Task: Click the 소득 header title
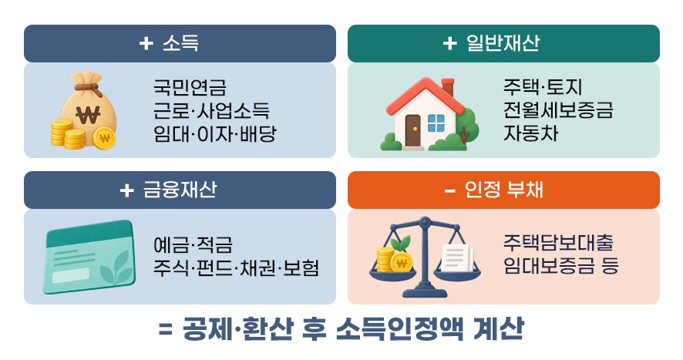click(169, 43)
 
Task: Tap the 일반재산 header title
click(491, 43)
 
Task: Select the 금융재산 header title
click(168, 190)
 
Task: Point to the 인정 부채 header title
click(493, 190)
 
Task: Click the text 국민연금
click(190, 87)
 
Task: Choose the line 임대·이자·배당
click(215, 133)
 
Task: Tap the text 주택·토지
click(543, 87)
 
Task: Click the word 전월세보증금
click(558, 109)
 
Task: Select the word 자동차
click(531, 133)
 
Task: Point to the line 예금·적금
click(193, 244)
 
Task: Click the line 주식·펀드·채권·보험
click(236, 267)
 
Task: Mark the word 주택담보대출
click(558, 242)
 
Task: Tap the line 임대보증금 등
click(561, 265)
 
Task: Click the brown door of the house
click(412, 130)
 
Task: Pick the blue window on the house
click(436, 123)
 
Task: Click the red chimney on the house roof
click(447, 87)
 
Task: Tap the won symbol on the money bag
click(88, 115)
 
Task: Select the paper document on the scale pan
click(458, 257)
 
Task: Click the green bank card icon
click(89, 257)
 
